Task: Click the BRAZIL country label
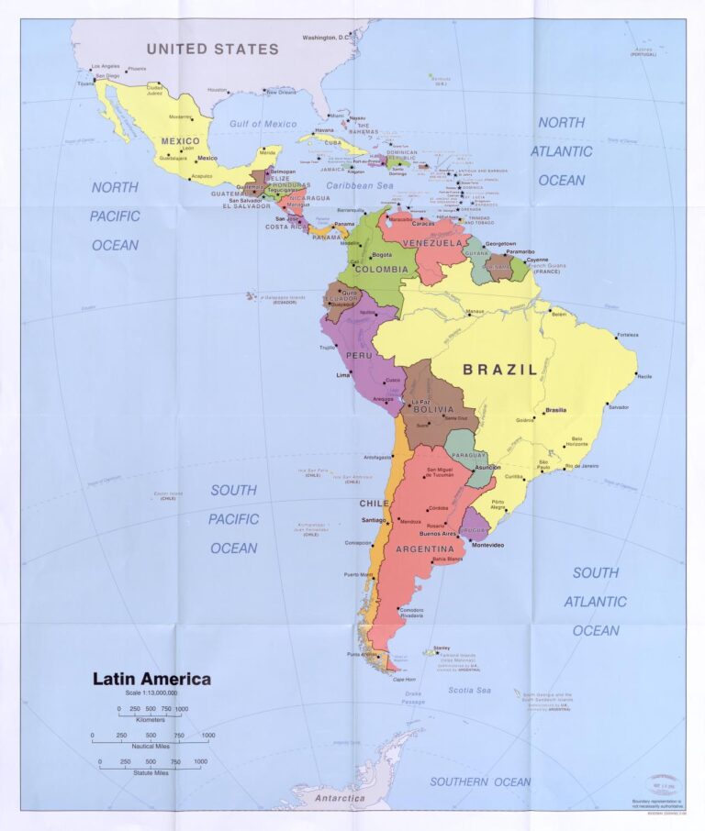click(x=499, y=370)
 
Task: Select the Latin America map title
click(x=151, y=680)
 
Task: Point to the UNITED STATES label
click(x=212, y=49)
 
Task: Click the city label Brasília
click(x=555, y=410)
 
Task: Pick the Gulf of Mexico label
click(x=263, y=123)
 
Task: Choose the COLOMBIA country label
click(x=380, y=270)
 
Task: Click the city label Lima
click(x=343, y=374)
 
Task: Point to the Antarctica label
click(x=341, y=797)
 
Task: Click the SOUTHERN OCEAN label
click(x=480, y=781)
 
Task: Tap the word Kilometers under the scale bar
click(x=151, y=720)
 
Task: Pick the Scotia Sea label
click(x=470, y=690)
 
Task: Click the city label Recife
click(x=644, y=376)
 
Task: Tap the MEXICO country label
click(x=181, y=140)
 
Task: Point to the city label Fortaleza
click(x=627, y=335)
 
